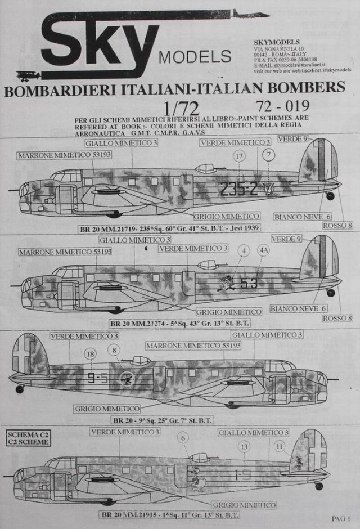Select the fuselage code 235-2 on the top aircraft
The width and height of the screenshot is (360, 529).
[239, 190]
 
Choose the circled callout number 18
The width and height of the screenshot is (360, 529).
[90, 354]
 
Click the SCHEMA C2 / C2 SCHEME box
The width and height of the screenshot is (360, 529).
[26, 437]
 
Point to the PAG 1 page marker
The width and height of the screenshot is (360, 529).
[340, 518]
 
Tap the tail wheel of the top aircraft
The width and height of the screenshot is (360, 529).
[330, 196]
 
